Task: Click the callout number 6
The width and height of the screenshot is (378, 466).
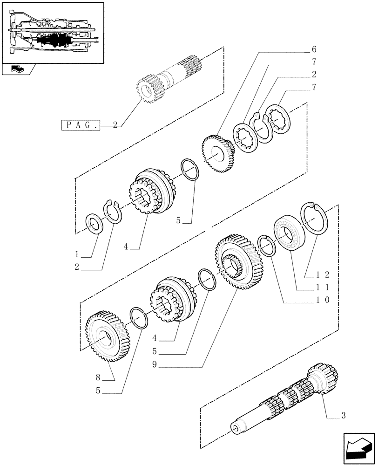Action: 314,49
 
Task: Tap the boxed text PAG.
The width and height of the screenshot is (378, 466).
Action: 81,125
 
